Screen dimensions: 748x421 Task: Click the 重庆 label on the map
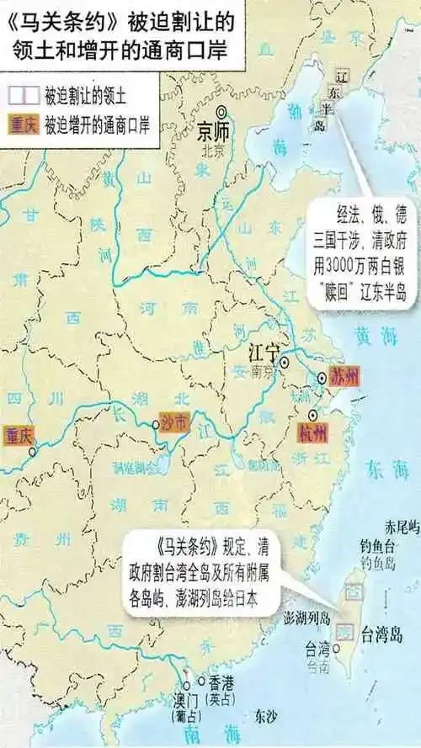coord(17,435)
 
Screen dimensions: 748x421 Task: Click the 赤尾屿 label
coord(402,527)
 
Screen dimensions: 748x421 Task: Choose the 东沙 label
coord(264,717)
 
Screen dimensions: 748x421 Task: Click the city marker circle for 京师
coord(222,112)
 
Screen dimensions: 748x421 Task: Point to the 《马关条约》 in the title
coord(50,19)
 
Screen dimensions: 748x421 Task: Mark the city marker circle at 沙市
coord(156,426)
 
